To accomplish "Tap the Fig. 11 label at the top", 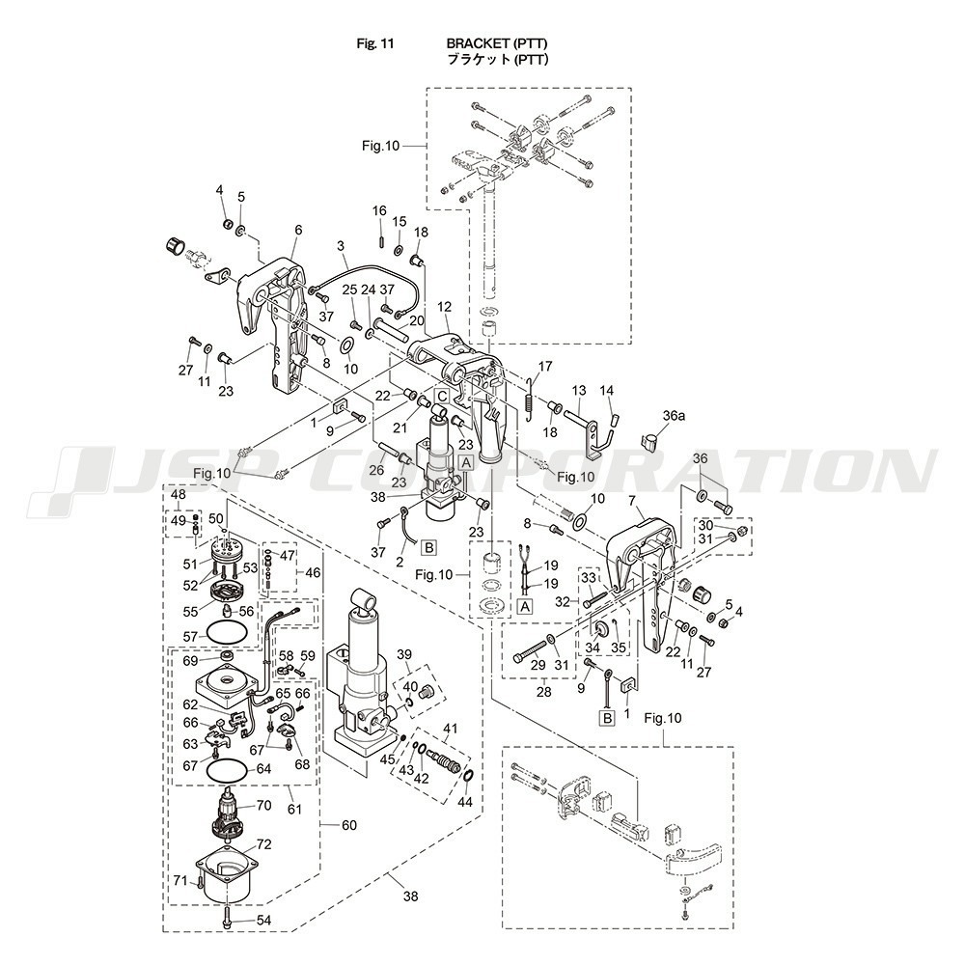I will [x=374, y=44].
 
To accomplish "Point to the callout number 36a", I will [x=674, y=414].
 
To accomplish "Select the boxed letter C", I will [x=441, y=396].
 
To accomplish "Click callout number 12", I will [x=444, y=306].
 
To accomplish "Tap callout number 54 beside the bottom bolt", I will [x=263, y=920].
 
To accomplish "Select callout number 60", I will [x=348, y=825].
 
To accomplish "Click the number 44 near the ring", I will [x=465, y=801].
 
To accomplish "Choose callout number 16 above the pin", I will [x=379, y=210].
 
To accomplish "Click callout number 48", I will [x=179, y=495].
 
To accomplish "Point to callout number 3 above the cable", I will [x=342, y=247].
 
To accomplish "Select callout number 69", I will [x=189, y=661].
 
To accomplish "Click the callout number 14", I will [x=607, y=390].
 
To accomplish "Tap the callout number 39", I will [x=404, y=654].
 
